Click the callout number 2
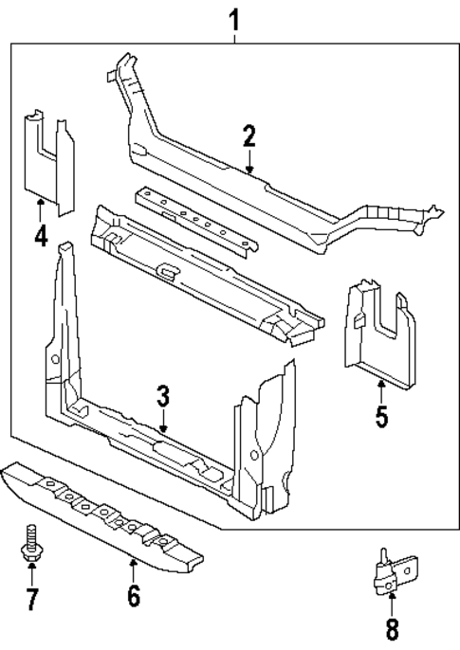point(248,136)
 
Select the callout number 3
point(163,395)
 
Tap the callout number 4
point(41,234)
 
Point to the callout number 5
point(381,416)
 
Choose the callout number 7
point(31,599)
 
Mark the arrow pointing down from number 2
point(248,163)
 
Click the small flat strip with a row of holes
point(195,218)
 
